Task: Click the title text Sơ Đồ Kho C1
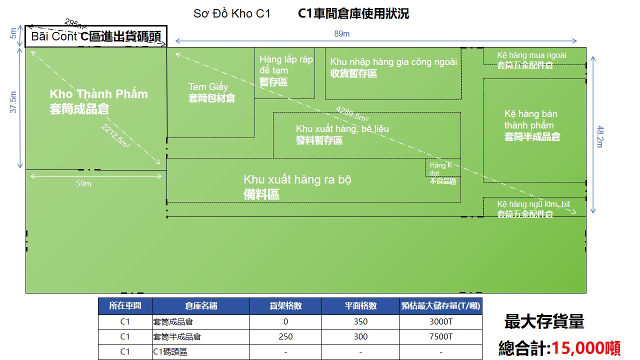tap(232, 14)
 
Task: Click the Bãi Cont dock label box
tap(96, 36)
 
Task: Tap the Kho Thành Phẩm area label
tap(98, 101)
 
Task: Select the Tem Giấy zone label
tap(211, 92)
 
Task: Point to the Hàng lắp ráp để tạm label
tap(285, 70)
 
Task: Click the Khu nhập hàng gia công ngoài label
tap(393, 67)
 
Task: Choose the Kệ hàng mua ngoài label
tap(531, 60)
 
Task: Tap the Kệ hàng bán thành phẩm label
tap(531, 125)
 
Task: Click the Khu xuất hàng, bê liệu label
tap(342, 134)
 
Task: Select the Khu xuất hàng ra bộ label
tap(297, 186)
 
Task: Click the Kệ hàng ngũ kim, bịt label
tap(533, 209)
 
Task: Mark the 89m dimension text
tap(342, 33)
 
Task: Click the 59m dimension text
tap(83, 183)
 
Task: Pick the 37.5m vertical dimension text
tap(14, 102)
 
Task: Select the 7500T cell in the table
tap(441, 337)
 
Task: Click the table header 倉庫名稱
tap(201, 306)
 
